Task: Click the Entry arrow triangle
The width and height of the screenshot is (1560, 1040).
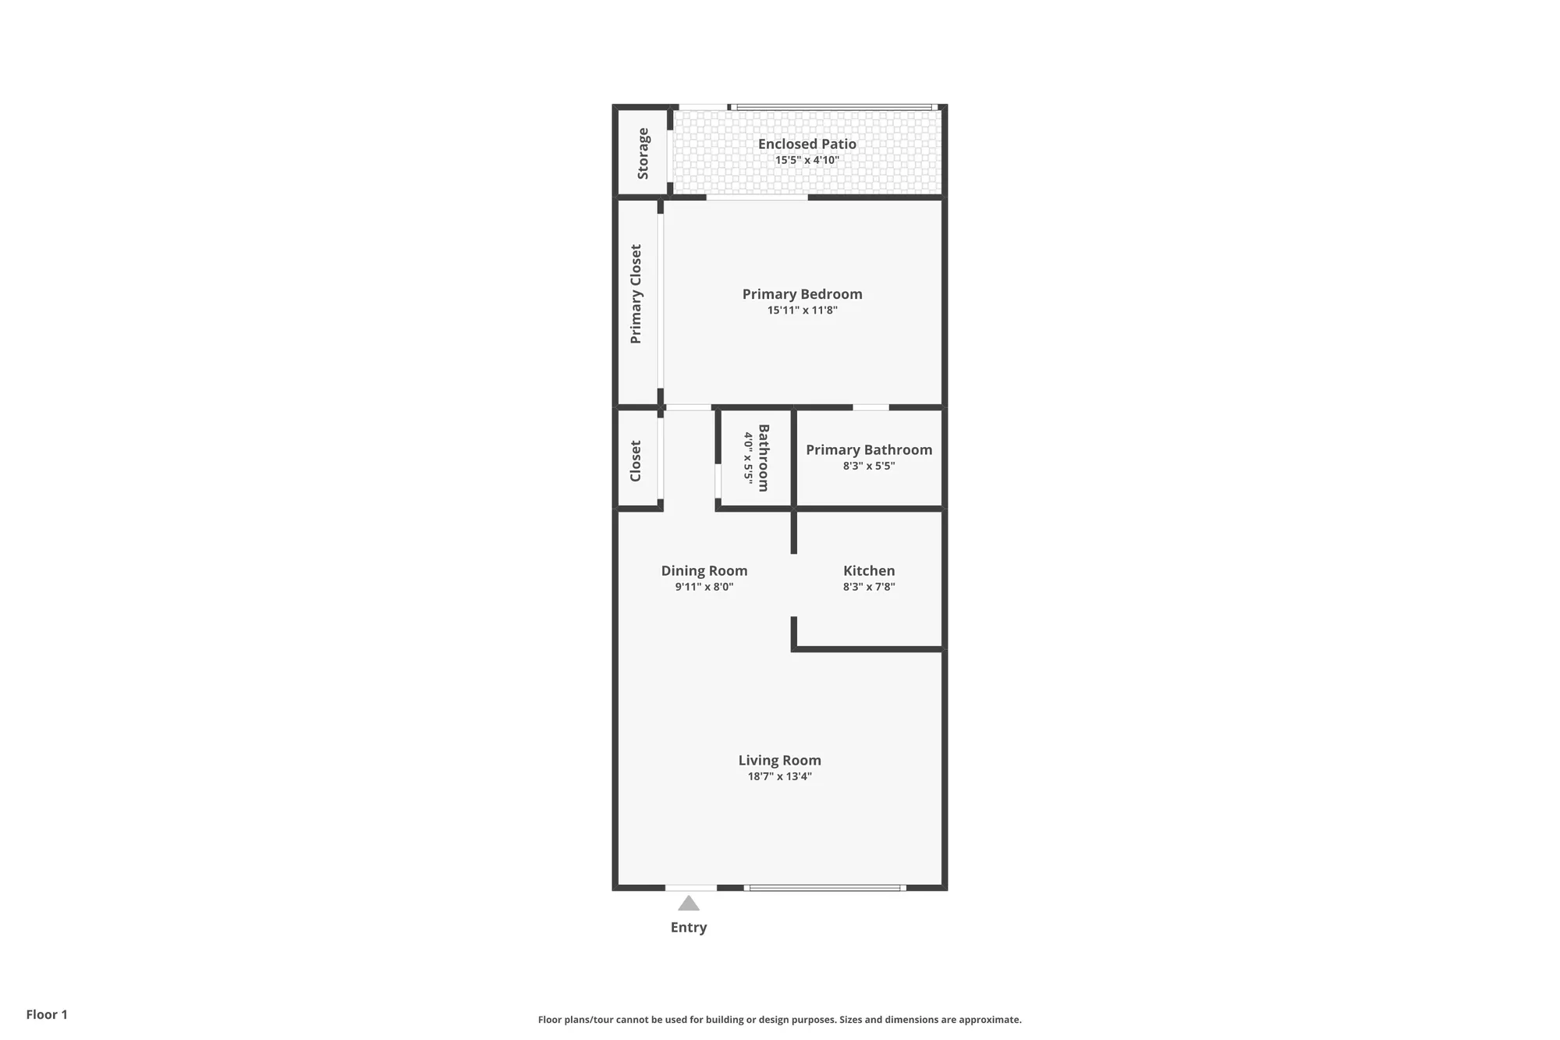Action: coord(688,903)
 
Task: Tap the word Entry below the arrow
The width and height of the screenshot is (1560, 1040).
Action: coord(689,928)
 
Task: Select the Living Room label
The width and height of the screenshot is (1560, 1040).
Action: coord(779,760)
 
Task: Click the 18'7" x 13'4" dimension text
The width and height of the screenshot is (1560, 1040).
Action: coord(779,776)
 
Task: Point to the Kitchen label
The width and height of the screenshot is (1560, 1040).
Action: coord(868,570)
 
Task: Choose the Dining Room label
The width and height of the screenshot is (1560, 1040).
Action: coord(704,570)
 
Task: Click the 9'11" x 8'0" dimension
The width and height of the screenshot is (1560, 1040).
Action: coord(704,587)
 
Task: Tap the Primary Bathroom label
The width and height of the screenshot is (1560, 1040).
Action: coord(868,449)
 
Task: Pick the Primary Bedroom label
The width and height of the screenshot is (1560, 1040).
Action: coord(802,294)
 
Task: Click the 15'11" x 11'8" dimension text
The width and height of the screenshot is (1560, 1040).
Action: coord(802,311)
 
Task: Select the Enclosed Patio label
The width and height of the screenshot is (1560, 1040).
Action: coord(807,144)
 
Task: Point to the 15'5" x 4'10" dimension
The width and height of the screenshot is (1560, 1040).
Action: coord(807,161)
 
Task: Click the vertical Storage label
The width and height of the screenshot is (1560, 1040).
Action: coord(643,154)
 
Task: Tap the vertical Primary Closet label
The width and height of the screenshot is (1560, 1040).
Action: coord(636,294)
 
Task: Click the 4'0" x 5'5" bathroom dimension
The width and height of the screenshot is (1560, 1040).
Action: coord(748,458)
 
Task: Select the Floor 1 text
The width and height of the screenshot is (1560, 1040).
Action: coord(47,1014)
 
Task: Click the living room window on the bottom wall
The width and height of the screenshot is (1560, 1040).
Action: coord(824,888)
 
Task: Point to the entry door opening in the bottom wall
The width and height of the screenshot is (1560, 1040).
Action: coord(690,888)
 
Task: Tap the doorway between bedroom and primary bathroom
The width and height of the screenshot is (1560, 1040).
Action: coord(870,407)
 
